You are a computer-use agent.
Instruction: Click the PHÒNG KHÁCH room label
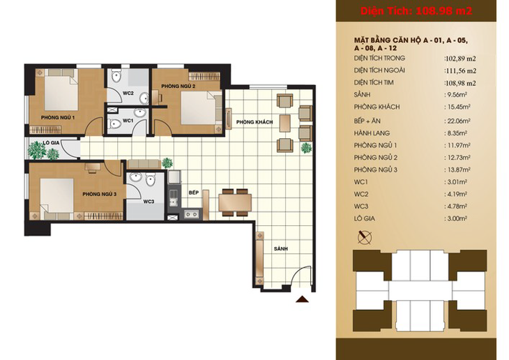[x=254, y=122]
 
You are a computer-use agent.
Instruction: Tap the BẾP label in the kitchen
[x=194, y=193]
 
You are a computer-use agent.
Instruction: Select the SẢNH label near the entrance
[x=281, y=248]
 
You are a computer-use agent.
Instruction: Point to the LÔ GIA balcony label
[x=51, y=142]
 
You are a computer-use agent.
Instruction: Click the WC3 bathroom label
[x=149, y=202]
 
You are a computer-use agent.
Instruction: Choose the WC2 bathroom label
[x=128, y=93]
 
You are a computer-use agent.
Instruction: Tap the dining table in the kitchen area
[x=235, y=202]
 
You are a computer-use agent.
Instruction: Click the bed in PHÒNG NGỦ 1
[x=61, y=93]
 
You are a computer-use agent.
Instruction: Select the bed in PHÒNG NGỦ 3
[x=57, y=196]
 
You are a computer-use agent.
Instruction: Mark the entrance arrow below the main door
[x=302, y=299]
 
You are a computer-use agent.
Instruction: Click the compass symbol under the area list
[x=365, y=237]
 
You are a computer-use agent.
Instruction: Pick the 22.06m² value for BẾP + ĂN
[x=457, y=121]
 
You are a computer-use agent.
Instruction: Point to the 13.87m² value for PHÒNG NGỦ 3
[x=457, y=170]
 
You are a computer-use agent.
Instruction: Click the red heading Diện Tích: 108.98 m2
[x=416, y=11]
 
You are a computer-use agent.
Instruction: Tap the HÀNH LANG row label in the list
[x=372, y=133]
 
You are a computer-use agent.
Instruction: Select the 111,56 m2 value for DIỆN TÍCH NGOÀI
[x=460, y=71]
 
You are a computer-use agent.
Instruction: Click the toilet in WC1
[x=114, y=123]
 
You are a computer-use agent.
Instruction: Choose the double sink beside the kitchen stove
[x=192, y=214]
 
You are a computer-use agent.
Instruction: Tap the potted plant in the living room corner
[x=306, y=148]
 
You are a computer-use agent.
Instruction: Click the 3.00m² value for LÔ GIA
[x=456, y=218]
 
